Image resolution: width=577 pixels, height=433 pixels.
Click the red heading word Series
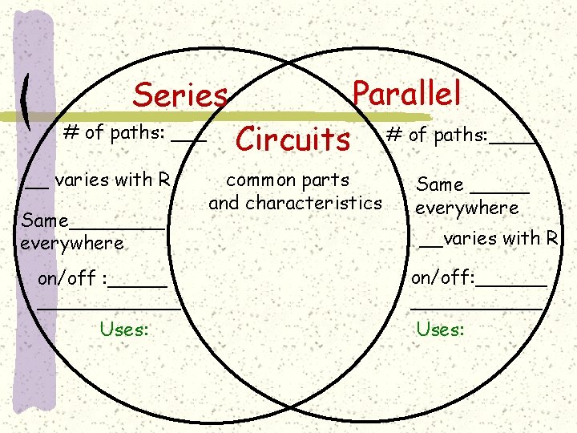(180, 95)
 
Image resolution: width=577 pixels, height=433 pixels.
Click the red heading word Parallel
(406, 93)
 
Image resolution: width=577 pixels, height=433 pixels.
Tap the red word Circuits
(293, 140)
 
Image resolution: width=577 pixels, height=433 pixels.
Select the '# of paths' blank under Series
(189, 140)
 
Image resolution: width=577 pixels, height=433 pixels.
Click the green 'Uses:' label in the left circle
(124, 328)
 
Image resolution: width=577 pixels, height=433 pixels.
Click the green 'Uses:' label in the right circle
(440, 329)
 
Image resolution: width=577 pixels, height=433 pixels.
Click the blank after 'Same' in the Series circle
(118, 227)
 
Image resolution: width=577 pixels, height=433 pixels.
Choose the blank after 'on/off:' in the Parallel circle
(512, 285)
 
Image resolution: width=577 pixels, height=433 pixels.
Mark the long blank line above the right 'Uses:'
(477, 306)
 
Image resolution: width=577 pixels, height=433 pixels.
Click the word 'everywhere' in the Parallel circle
(466, 208)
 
